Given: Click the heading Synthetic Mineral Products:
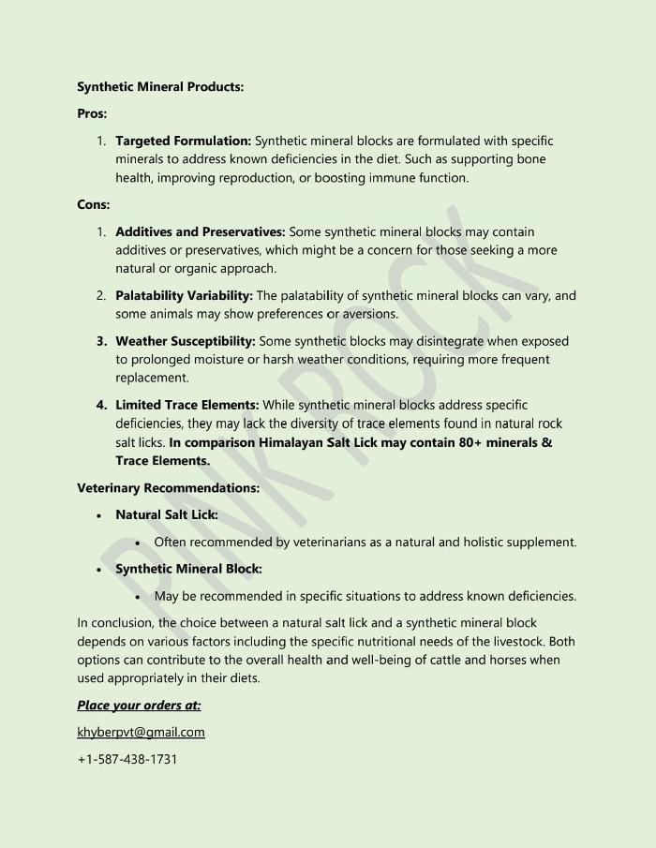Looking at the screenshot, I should (160, 86).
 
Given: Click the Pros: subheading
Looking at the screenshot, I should (92, 113).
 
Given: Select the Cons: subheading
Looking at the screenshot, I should (94, 203).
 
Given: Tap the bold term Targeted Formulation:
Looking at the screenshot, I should (183, 141).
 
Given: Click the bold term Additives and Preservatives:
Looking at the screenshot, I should (201, 231).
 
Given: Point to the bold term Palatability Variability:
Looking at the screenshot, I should (184, 295).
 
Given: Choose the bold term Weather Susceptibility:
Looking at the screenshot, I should (185, 341).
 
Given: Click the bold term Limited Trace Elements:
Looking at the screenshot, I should (187, 405).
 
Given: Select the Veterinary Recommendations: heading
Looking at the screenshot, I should (168, 487).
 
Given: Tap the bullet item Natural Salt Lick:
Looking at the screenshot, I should (167, 514).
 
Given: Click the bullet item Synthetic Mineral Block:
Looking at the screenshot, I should (188, 569).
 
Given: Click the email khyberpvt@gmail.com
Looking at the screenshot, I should (141, 732).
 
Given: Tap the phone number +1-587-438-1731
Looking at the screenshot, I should (127, 759).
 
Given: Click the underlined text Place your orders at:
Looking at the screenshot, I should (139, 705).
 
